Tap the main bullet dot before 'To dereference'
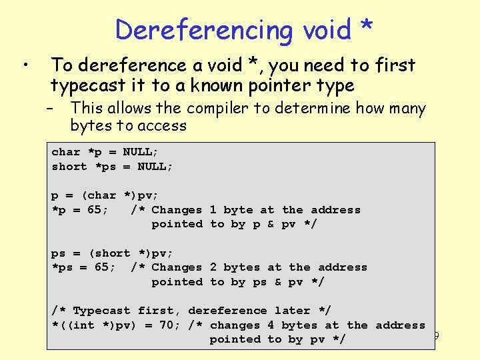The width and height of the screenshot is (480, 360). (25, 65)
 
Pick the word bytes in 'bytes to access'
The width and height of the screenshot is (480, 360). (93, 125)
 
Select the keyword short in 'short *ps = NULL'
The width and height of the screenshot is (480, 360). (69, 167)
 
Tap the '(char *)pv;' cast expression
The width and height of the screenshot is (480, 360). (120, 195)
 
